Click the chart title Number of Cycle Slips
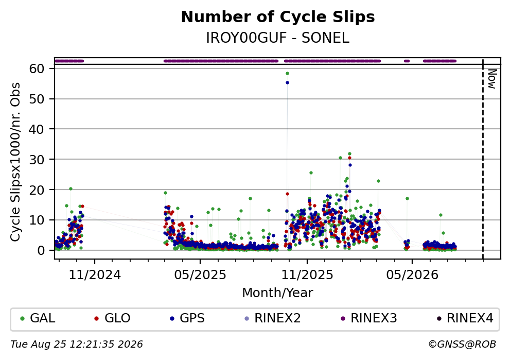pos(278,17)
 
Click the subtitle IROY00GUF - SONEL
pos(278,38)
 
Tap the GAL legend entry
pos(38,318)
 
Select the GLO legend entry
pos(112,318)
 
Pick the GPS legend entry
pos(187,318)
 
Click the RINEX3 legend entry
pos(368,318)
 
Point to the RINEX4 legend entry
pos(465,318)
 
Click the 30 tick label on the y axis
pos(37,160)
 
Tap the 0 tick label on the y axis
pos(41,251)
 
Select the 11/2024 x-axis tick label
pos(95,275)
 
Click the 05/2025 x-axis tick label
pos(200,275)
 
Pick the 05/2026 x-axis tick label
pos(412,275)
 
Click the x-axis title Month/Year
pos(278,293)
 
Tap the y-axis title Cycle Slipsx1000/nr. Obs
pos(15,162)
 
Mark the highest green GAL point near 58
pos(287,73)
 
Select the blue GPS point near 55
pos(287,83)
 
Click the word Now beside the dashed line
pos(492,79)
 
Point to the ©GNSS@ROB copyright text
pos(462,345)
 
